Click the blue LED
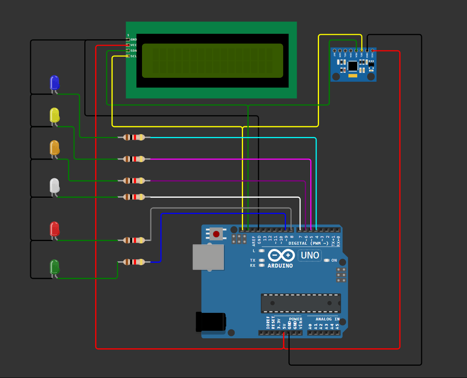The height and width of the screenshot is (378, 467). click(54, 83)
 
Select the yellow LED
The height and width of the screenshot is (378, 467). click(54, 115)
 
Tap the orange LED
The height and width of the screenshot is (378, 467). click(54, 148)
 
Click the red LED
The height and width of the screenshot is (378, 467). click(54, 229)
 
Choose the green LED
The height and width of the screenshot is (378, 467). click(54, 267)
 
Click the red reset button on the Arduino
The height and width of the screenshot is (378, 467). click(216, 234)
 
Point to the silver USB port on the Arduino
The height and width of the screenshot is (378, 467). click(208, 257)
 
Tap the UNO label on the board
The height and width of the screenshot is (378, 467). click(310, 255)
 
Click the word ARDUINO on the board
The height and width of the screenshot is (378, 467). click(280, 266)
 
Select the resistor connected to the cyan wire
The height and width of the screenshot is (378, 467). click(134, 137)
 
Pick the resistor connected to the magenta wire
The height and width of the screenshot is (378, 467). click(134, 159)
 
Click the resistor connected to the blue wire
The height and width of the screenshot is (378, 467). click(134, 262)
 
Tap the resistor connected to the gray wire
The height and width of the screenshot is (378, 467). click(134, 240)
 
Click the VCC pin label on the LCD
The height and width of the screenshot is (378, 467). click(134, 45)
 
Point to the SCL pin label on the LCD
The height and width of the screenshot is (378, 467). click(134, 56)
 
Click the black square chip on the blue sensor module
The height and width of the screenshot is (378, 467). click(353, 66)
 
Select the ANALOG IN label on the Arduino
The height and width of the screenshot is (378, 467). click(327, 319)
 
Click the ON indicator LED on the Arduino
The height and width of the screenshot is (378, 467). click(327, 260)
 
